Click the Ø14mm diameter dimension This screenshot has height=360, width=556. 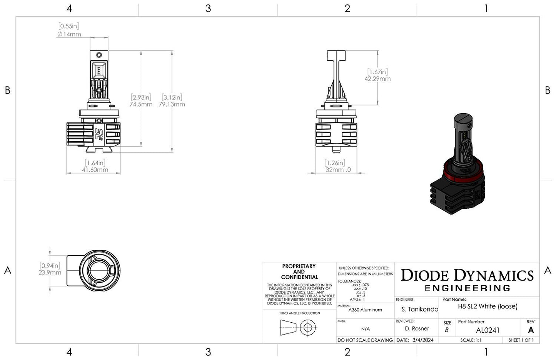pos(69,34)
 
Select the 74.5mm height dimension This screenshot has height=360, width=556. pos(141,104)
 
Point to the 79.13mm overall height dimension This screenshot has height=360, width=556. pos(172,104)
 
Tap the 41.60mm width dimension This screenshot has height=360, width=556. pos(95,169)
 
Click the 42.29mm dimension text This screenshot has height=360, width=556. pos(377,79)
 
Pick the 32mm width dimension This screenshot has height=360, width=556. pos(338,169)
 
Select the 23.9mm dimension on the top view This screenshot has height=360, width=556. pos(50,273)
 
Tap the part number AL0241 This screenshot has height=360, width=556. pos(488,330)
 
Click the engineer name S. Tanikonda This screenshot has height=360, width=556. pos(419,309)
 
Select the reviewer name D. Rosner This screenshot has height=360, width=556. pos(417,328)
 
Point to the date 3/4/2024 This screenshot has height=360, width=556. pos(422,340)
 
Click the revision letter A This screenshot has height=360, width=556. pos(531,330)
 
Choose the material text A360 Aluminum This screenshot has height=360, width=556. pos(365,310)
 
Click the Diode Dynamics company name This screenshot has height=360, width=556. pos(467,275)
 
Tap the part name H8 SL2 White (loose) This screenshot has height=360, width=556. pos(488,306)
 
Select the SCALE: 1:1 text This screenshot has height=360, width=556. pos(471,340)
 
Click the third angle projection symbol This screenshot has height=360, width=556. pos(299,328)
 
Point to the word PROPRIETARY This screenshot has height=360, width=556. pos(299,266)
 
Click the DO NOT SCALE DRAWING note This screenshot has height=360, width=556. pos(365,340)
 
